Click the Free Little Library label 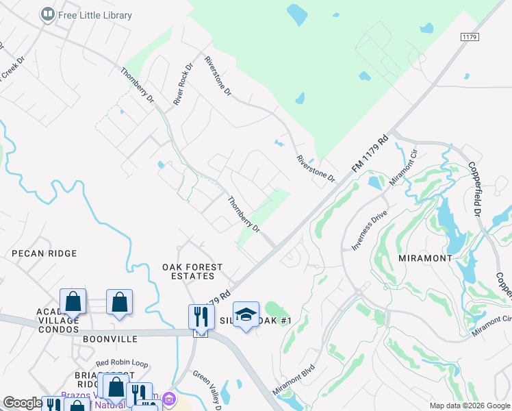click(95, 14)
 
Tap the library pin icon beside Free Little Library click(47, 14)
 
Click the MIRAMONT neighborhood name click(425, 258)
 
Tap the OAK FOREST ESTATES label click(188, 271)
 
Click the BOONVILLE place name click(110, 339)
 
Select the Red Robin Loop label click(122, 364)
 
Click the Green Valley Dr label click(205, 390)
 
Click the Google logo click(23, 403)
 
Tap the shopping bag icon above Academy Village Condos click(73, 301)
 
